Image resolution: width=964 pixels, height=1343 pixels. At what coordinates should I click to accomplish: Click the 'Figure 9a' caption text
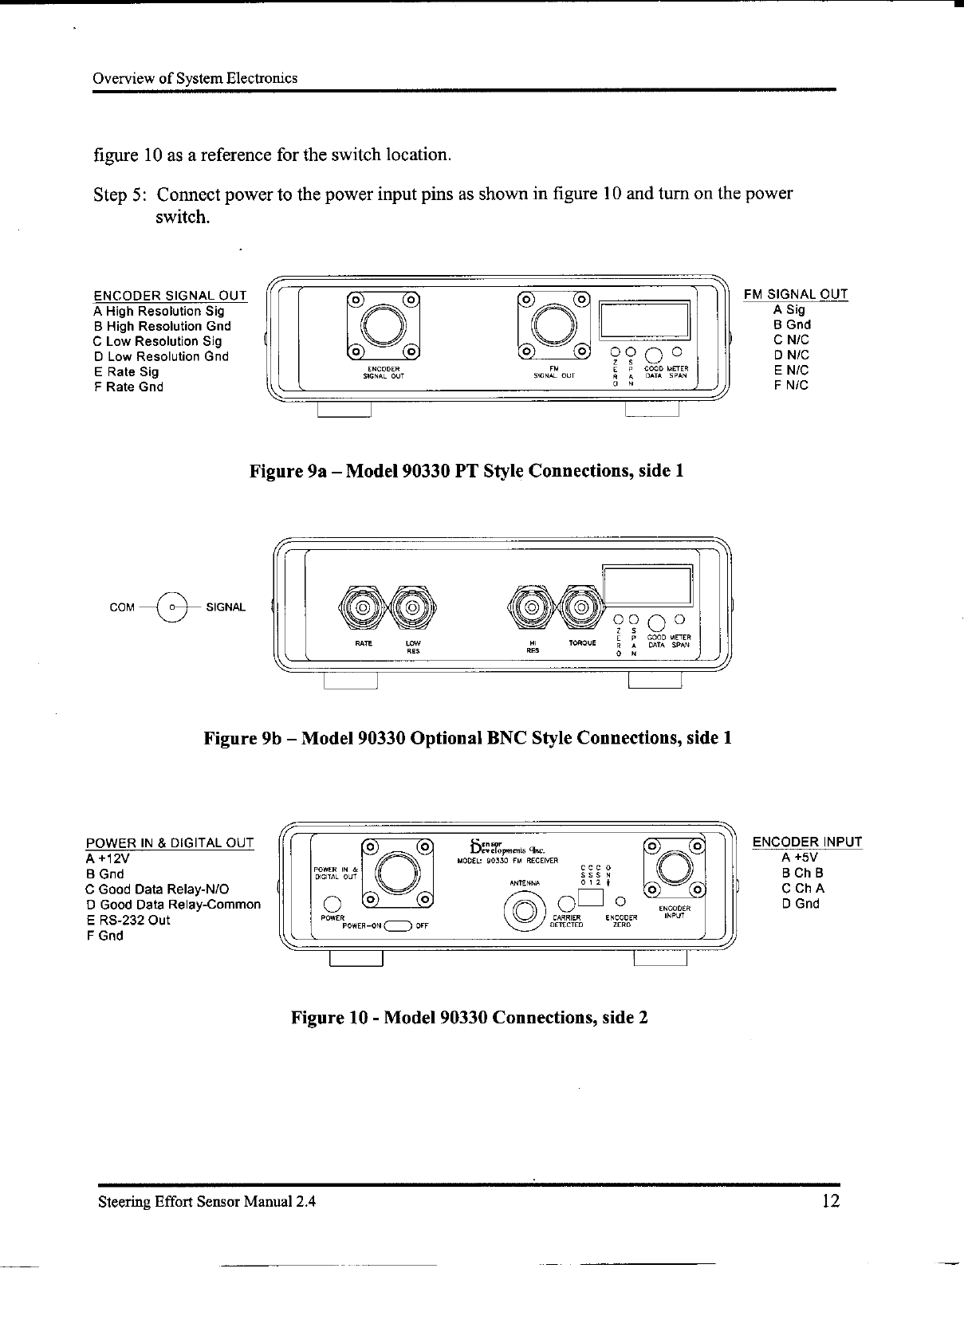tap(466, 471)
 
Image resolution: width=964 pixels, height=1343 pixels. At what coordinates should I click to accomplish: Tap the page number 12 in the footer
tap(829, 1201)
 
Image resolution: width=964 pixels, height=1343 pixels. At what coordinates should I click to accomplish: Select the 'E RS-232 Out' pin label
tap(128, 920)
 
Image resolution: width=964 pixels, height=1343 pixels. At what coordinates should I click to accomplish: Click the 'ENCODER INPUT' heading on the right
tap(807, 842)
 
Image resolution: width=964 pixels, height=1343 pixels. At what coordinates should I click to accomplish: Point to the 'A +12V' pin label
tap(108, 859)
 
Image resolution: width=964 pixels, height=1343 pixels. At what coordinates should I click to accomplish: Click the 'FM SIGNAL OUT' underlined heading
tap(795, 295)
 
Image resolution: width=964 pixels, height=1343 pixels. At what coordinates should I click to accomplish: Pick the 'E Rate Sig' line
tap(126, 371)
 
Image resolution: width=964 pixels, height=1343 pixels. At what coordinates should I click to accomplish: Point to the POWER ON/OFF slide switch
tap(398, 926)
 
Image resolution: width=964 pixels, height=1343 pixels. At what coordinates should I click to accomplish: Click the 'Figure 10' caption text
tap(469, 1018)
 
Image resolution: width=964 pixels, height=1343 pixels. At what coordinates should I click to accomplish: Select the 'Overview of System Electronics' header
tap(195, 78)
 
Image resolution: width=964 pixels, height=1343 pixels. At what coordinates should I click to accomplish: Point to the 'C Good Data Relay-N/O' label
tap(158, 889)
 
